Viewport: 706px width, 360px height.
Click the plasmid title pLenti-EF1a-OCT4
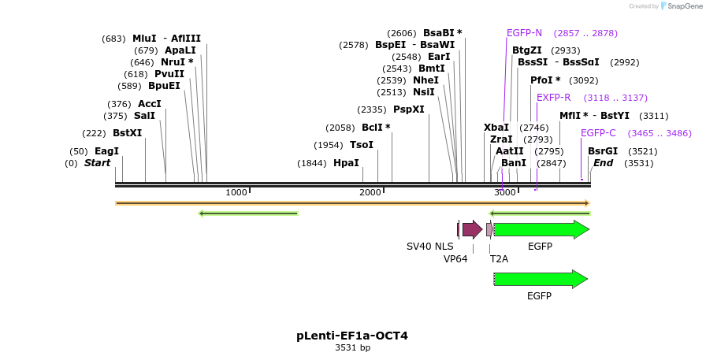(x=352, y=336)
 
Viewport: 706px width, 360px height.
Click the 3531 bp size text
(x=352, y=347)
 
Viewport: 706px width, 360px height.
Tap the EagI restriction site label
(x=106, y=151)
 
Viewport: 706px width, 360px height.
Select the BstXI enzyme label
(x=127, y=133)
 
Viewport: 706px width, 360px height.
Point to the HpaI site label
(x=346, y=163)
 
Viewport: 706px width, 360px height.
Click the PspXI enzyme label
(x=408, y=109)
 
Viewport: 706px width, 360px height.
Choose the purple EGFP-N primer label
(x=524, y=33)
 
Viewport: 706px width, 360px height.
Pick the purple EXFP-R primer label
(x=553, y=98)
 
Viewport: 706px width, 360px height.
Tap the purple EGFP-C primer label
(x=598, y=133)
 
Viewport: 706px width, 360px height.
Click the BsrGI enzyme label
(x=602, y=151)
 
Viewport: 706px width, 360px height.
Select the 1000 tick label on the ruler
(x=236, y=193)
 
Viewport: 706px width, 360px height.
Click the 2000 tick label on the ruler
(x=370, y=193)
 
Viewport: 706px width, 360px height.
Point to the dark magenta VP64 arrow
(x=472, y=229)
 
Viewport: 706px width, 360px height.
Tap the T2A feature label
(x=499, y=258)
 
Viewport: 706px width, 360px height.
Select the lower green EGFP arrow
(x=541, y=279)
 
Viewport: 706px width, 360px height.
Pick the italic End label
(x=603, y=163)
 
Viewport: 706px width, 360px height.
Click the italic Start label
(x=97, y=163)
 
